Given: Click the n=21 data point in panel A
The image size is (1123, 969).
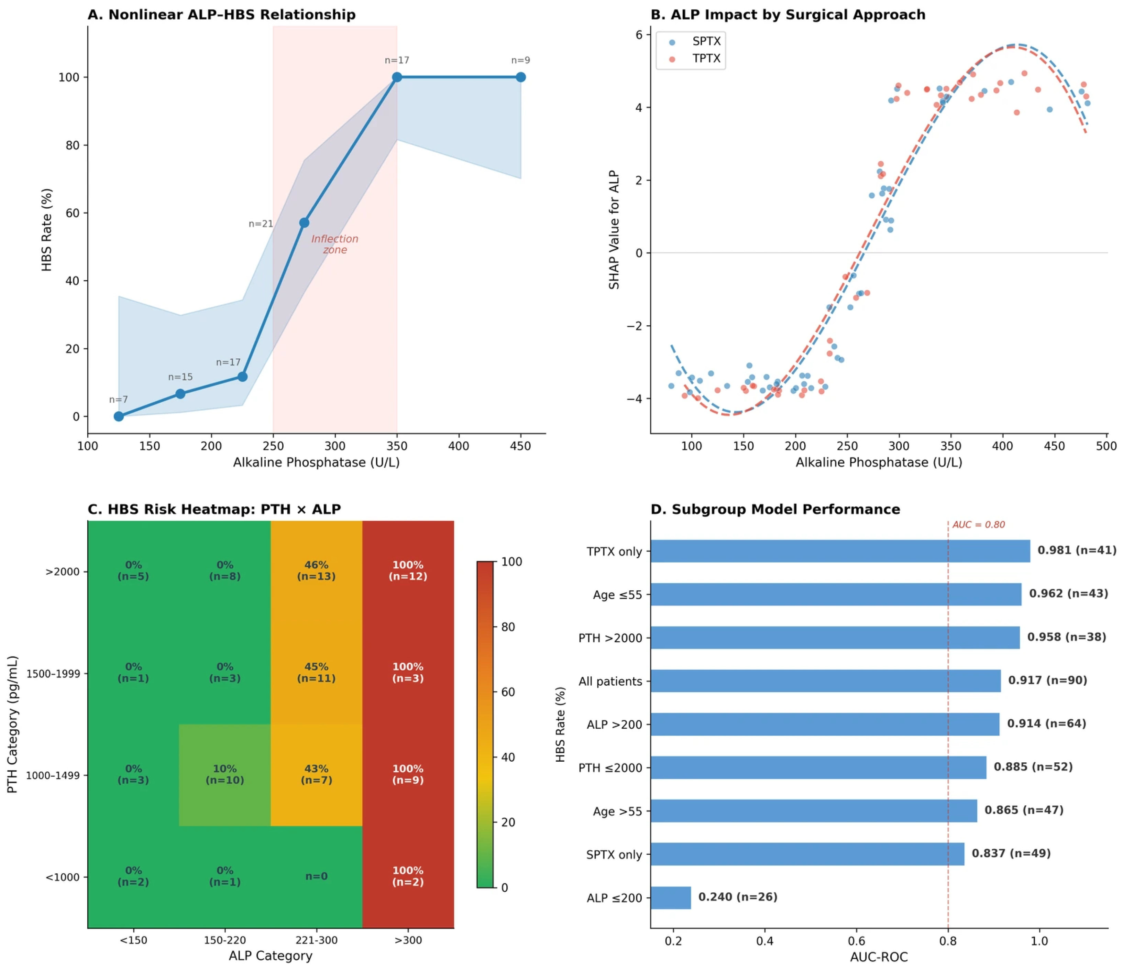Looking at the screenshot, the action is coord(304,223).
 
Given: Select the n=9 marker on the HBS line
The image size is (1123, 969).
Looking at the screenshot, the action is coord(520,77).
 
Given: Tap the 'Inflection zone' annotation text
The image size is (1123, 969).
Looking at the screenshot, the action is coord(334,244).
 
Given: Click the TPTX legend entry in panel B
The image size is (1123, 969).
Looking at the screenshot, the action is coord(696,58).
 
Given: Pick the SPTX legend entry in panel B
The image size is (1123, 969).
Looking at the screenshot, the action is coord(696,41).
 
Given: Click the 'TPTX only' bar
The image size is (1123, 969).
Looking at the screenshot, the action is coord(840,551).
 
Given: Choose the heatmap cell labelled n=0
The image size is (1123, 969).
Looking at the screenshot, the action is coord(317,876).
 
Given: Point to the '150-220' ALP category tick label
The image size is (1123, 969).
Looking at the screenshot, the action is coord(225,940).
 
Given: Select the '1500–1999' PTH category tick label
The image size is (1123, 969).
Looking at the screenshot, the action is coord(53,674).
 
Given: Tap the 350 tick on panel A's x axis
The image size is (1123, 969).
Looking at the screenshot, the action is coord(397,446).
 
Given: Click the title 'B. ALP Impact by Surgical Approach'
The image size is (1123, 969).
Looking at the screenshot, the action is coord(788,15).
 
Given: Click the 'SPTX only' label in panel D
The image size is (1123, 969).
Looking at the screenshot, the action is coord(614,854).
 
